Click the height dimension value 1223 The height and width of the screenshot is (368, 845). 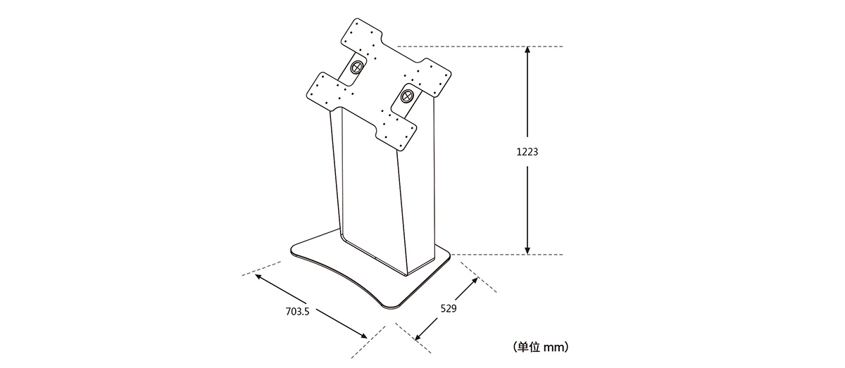coord(527,151)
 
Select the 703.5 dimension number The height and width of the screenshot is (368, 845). coord(297,312)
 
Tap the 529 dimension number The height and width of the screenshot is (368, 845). coord(449,308)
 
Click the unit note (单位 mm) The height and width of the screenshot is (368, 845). coord(540,347)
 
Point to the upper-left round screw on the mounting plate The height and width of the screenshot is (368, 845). coord(357,68)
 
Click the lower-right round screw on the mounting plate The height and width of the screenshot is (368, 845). coord(407,96)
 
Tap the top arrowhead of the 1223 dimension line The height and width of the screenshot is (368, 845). coord(527,50)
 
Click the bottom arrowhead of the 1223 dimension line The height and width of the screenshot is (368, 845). coord(527,250)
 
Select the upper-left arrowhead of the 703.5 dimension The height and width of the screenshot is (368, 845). coord(259,277)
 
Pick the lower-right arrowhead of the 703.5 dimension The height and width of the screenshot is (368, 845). coord(363,336)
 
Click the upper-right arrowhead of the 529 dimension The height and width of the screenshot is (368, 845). coord(474,281)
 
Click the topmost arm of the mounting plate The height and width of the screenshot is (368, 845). coord(361,37)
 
